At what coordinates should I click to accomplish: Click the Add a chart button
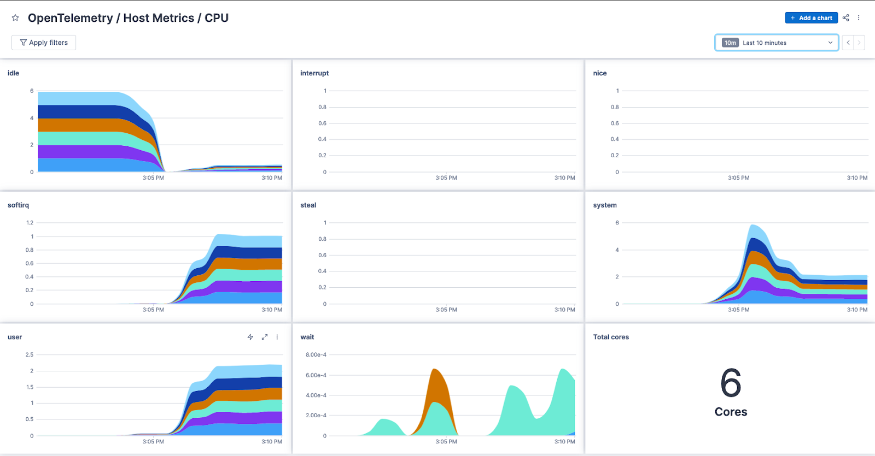click(x=811, y=18)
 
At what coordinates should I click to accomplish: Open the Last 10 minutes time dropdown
click(x=777, y=43)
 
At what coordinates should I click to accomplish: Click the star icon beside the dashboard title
click(x=15, y=18)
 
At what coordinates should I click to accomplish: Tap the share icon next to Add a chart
click(x=846, y=18)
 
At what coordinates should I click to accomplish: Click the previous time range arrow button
click(x=848, y=43)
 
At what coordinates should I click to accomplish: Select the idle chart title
click(x=13, y=73)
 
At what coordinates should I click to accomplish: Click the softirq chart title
click(x=18, y=205)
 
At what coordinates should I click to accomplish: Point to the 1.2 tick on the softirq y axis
click(x=30, y=223)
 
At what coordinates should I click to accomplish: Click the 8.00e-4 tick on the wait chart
click(x=316, y=355)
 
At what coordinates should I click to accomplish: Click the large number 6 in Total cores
click(x=731, y=383)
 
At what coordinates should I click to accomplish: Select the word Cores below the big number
click(x=731, y=412)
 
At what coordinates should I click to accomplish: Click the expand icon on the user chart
click(x=264, y=337)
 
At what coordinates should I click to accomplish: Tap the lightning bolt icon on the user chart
click(x=250, y=337)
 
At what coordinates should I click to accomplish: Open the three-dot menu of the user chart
click(x=277, y=337)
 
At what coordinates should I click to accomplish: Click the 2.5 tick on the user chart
click(x=30, y=355)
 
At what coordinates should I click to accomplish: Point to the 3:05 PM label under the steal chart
click(x=446, y=310)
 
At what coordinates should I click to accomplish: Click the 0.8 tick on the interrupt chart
click(x=323, y=107)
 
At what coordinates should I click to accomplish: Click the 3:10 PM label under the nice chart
click(x=857, y=178)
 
